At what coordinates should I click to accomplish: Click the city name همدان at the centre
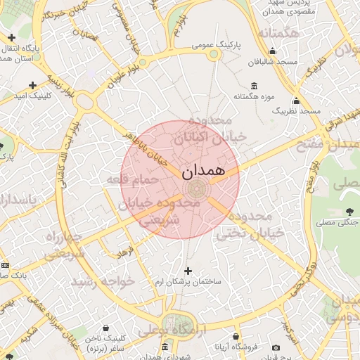pyautogui.click(x=203, y=172)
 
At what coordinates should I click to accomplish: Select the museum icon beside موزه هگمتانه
pyautogui.click(x=253, y=86)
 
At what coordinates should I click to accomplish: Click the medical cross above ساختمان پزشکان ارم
pyautogui.click(x=188, y=271)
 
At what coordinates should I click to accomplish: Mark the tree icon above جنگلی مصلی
pyautogui.click(x=349, y=212)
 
